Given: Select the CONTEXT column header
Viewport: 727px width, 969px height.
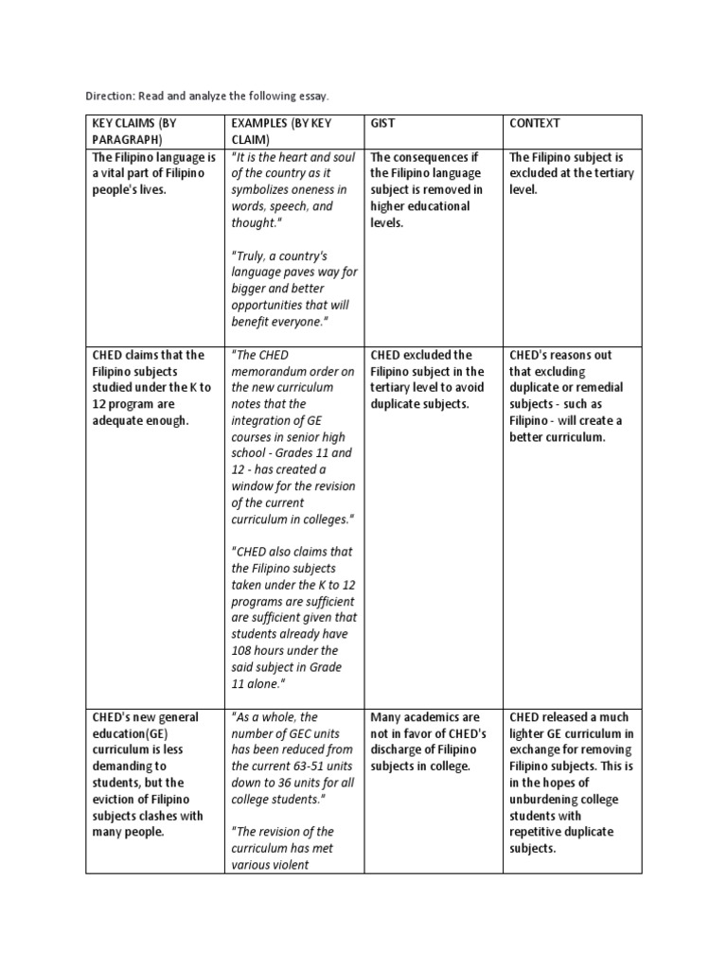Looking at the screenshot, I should click(x=535, y=123).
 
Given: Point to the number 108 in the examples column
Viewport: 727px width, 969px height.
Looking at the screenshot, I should click(x=244, y=650).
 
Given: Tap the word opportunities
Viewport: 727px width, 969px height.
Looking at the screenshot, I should click(x=270, y=306).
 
